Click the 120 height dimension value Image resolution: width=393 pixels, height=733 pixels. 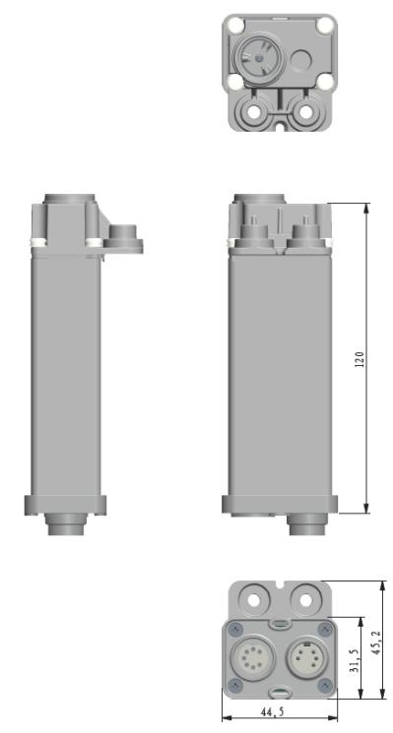coord(360,359)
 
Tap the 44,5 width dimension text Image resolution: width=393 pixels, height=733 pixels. coord(273,711)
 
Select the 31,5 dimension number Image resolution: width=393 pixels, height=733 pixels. coord(356,661)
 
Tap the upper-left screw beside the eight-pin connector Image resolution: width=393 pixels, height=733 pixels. coord(235,630)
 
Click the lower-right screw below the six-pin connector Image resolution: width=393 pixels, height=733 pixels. coord(325,686)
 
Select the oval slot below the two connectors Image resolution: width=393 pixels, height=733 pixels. coord(280,692)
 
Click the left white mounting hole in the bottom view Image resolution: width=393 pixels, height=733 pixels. coord(254,600)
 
